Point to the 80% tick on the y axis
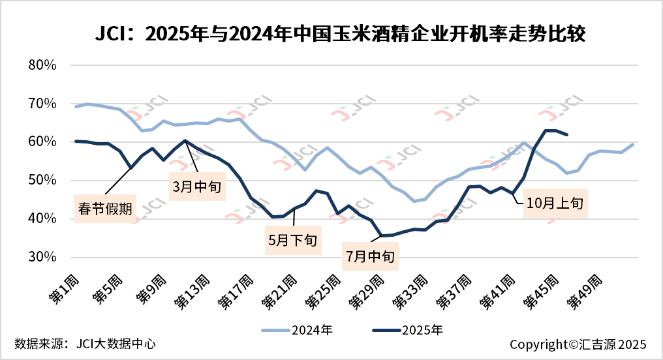coord(44,65)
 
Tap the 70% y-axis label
coord(44,104)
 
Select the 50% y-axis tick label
coord(44,181)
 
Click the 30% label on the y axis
coord(44,257)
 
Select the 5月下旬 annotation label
coord(293,240)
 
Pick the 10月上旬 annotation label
coord(557,203)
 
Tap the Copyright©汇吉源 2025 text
coord(578,344)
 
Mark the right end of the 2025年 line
coord(568,135)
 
